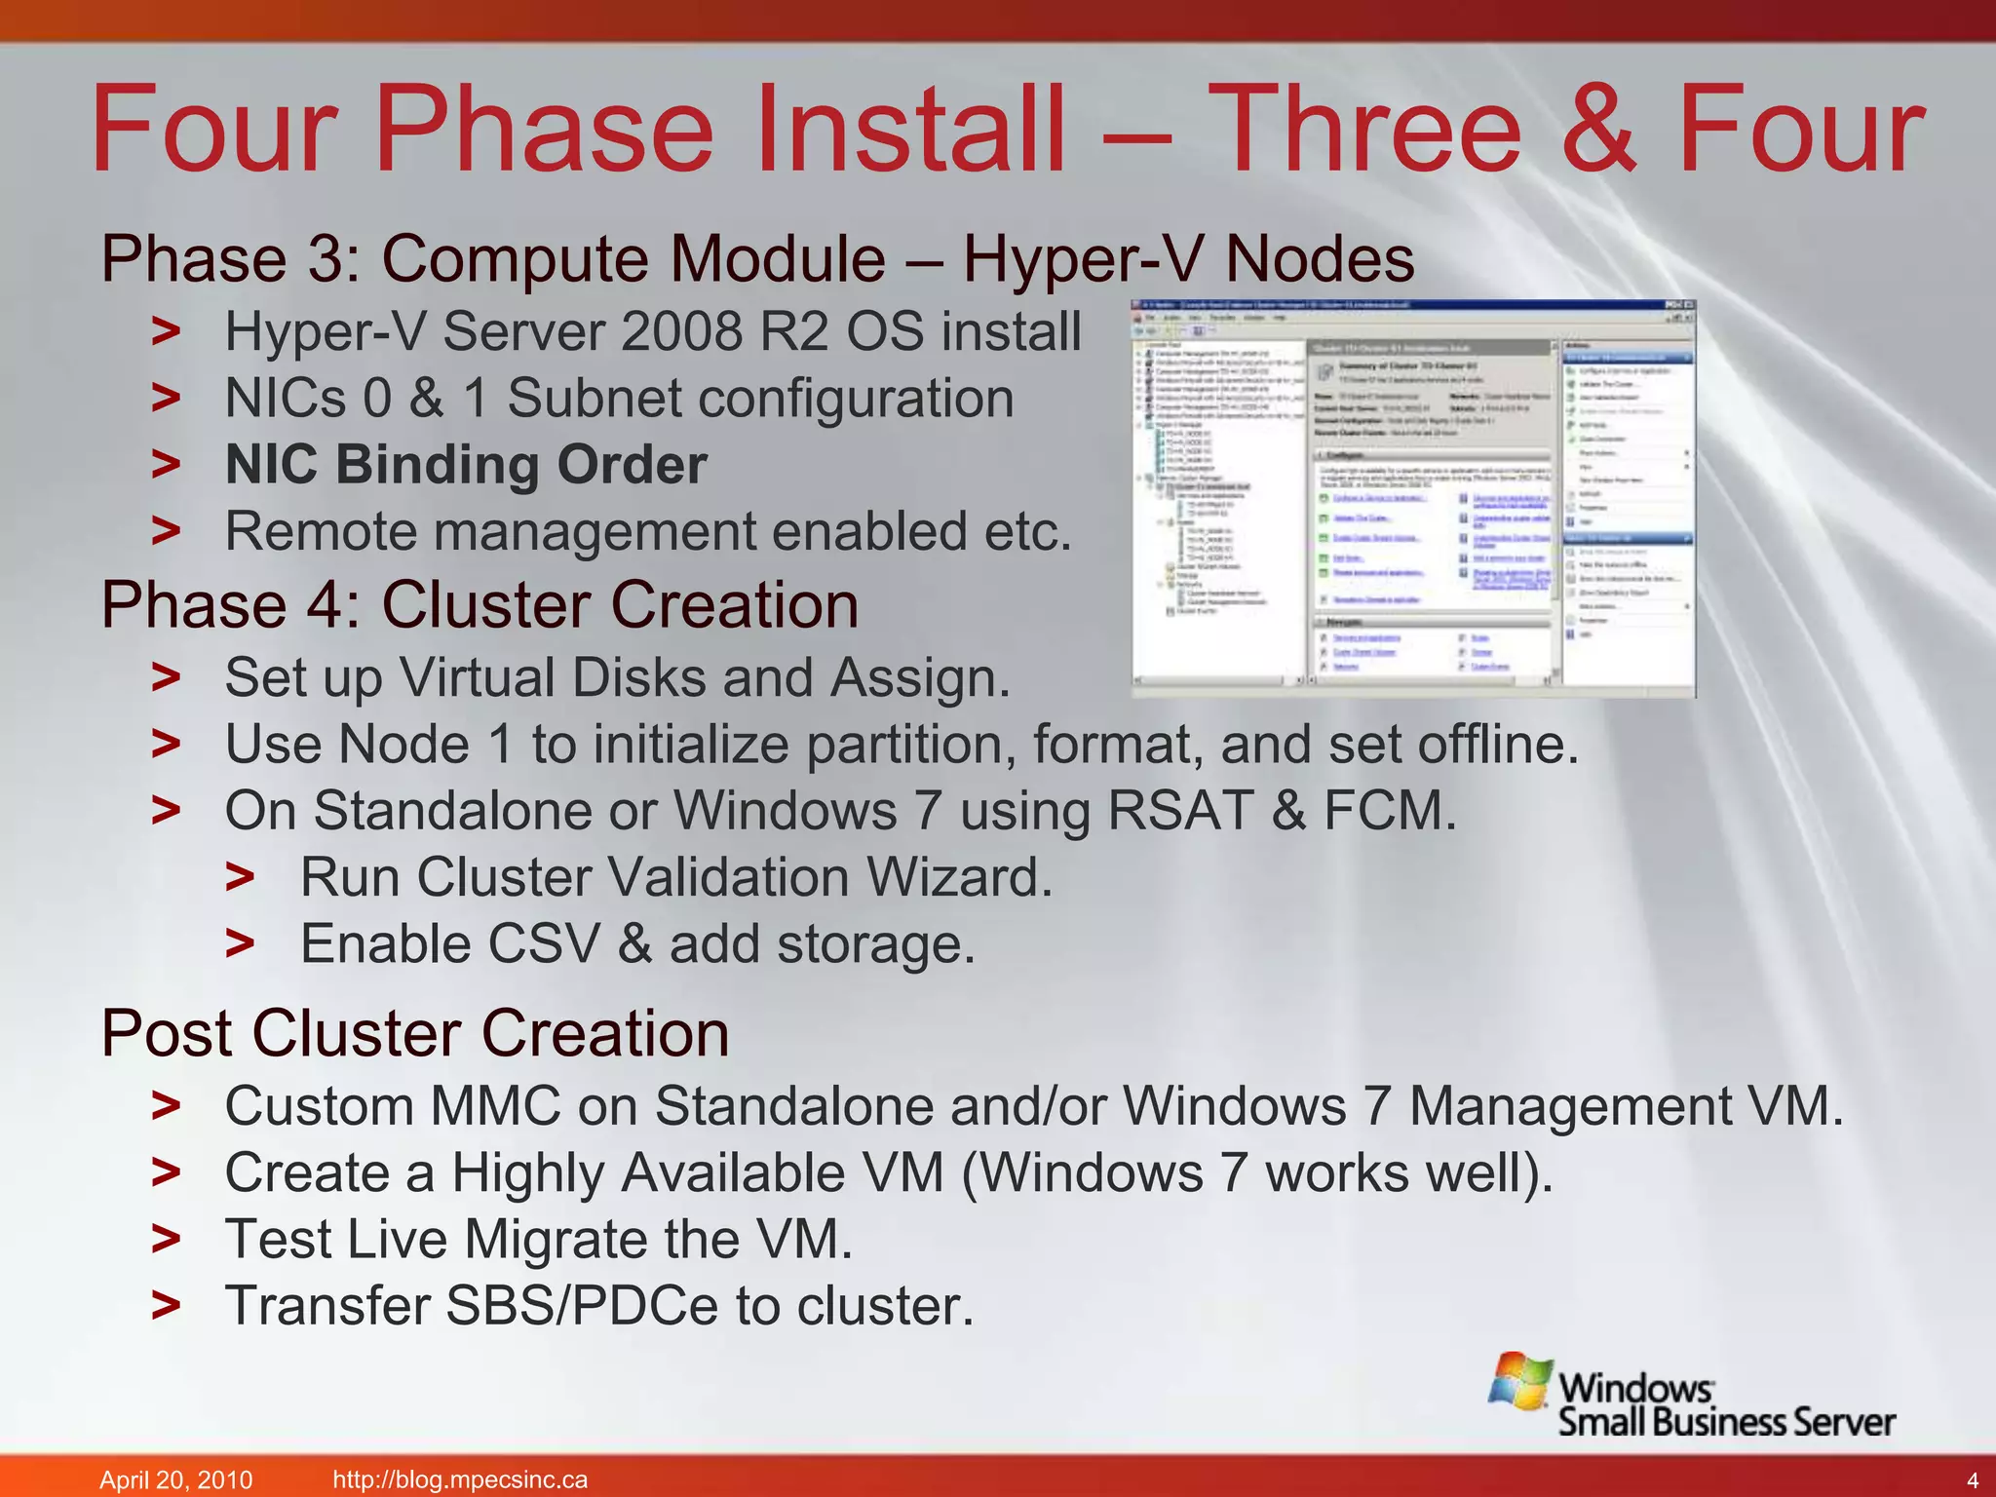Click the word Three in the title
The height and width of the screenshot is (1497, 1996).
pyautogui.click(x=1369, y=130)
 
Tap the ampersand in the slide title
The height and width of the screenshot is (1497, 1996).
pyautogui.click(x=1598, y=130)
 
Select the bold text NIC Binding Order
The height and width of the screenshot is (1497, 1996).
pyautogui.click(x=466, y=465)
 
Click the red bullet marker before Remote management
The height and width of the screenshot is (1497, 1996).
pyautogui.click(x=166, y=531)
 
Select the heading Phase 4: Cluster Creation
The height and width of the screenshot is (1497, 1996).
pyautogui.click(x=480, y=605)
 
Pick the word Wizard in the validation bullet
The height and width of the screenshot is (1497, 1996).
pyautogui.click(x=959, y=877)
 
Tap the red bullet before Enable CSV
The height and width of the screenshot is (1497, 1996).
pyautogui.click(x=240, y=944)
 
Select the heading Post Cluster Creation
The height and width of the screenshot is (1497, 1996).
pyautogui.click(x=415, y=1033)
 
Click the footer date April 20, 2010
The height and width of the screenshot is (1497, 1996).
pyautogui.click(x=176, y=1479)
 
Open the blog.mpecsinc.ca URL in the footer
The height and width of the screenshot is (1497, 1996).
pyautogui.click(x=460, y=1479)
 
